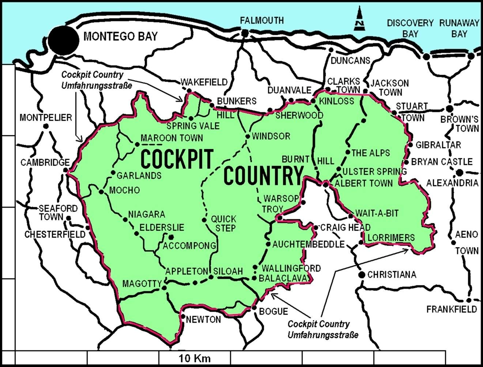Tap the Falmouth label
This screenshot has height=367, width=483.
[x=262, y=20]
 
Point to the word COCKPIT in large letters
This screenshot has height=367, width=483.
[x=177, y=159]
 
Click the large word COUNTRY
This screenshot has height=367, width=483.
[x=264, y=175]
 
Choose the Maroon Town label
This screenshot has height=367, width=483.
[x=171, y=138]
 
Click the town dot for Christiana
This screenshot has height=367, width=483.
[x=362, y=275]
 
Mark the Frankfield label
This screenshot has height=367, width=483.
[x=452, y=309]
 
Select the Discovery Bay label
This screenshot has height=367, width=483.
[x=410, y=28]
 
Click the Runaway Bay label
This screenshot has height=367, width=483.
[x=459, y=28]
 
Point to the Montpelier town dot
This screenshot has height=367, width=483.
[x=46, y=126]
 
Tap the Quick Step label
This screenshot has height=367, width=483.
[x=224, y=223]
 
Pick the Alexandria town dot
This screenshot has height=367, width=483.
[x=460, y=172]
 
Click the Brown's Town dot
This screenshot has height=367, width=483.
[x=450, y=108]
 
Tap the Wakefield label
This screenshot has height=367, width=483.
[x=204, y=82]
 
